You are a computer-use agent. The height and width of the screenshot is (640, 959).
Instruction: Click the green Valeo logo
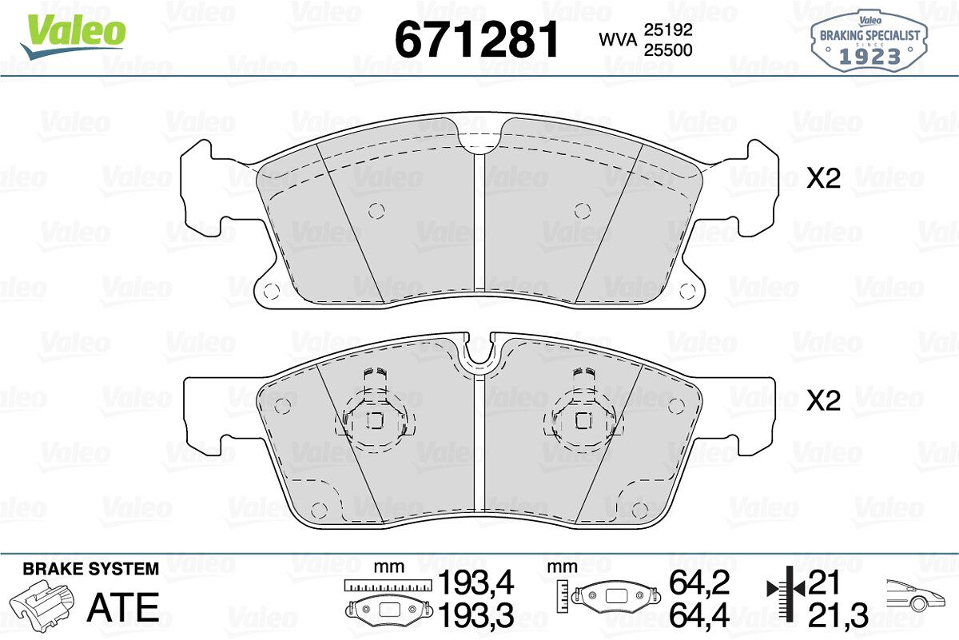pos(74,35)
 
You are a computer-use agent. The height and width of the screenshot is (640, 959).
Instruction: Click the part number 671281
pos(477,39)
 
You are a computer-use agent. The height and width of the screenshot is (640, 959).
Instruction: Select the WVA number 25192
pos(668,30)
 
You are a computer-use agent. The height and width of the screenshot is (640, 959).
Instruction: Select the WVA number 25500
pos(668,50)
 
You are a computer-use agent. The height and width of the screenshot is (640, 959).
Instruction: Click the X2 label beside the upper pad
pos(823,178)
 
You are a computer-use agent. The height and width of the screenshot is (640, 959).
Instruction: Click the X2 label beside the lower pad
pos(823,400)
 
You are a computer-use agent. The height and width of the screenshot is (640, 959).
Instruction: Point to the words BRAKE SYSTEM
pos(91,569)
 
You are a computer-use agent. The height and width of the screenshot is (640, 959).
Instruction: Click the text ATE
pos(123,607)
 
